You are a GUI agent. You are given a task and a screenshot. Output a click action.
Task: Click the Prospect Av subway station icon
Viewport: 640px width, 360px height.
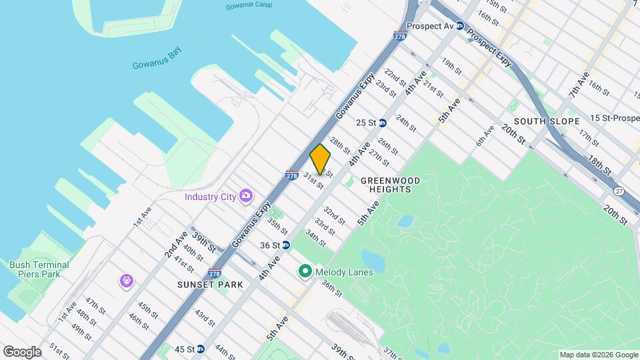coord(459,25)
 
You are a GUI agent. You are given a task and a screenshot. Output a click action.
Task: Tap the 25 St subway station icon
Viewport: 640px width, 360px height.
coord(383,123)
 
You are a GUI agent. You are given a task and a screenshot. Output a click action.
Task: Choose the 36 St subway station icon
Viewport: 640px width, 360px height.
coord(286,245)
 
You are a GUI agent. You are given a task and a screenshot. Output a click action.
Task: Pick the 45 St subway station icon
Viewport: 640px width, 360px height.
coord(201,349)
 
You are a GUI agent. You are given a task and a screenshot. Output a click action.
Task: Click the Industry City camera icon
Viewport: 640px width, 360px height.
coord(246,196)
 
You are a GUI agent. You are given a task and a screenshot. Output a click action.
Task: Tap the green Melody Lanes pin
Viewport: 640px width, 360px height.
coord(305,271)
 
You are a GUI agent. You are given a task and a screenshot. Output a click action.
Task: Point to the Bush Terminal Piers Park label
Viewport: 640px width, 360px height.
coord(39,269)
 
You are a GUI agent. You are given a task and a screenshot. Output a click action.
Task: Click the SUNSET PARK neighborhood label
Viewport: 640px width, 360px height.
coord(210,285)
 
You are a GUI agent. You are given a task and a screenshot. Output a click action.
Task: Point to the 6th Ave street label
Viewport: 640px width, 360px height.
coord(485,137)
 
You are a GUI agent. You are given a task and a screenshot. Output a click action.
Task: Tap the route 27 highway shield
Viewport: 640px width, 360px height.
coord(621,191)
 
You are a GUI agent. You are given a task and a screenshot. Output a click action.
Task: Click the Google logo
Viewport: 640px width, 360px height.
coord(22,352)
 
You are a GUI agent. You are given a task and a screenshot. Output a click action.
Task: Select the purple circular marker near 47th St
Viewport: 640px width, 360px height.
coord(127,281)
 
